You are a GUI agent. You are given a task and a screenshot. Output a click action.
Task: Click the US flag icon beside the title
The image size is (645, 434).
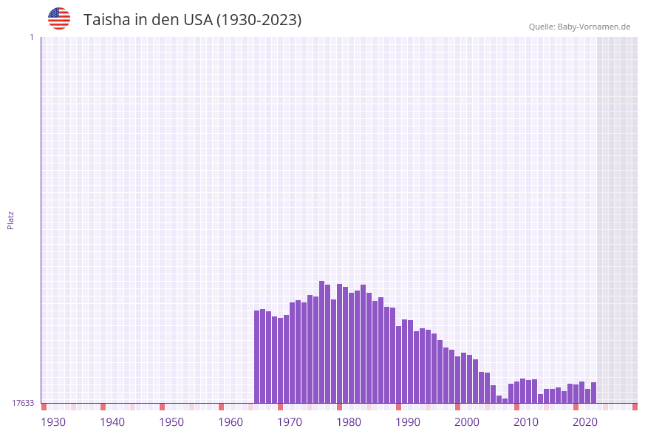[59, 18]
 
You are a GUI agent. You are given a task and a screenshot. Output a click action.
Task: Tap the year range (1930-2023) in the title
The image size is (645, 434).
[259, 20]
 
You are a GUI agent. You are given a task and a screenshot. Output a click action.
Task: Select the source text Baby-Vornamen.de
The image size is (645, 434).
[594, 27]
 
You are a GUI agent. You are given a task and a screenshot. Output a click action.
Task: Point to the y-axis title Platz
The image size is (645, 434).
[11, 220]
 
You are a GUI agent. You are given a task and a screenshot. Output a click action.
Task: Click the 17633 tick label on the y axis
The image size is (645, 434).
[23, 403]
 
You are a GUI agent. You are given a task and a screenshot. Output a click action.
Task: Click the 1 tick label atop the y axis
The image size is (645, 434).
[31, 37]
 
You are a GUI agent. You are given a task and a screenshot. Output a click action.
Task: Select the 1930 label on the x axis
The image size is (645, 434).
[53, 422]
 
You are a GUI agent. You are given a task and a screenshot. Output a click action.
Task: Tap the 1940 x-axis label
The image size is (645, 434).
[112, 422]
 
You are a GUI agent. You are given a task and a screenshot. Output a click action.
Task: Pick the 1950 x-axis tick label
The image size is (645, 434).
[171, 422]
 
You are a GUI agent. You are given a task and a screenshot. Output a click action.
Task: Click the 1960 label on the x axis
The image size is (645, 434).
[231, 422]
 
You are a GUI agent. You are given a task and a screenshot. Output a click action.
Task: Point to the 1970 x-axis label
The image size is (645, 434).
[290, 422]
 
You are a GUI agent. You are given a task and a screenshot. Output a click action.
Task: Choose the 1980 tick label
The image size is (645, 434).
[349, 422]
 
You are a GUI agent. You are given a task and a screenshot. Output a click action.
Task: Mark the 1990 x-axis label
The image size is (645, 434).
[408, 422]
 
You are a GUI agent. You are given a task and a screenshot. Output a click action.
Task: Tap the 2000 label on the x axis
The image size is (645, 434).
[467, 422]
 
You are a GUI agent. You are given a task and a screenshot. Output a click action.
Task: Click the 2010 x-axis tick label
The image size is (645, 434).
[526, 422]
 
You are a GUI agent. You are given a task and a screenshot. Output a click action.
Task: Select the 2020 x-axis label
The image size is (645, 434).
[585, 422]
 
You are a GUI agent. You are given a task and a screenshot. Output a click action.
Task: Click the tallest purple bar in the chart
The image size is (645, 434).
[322, 342]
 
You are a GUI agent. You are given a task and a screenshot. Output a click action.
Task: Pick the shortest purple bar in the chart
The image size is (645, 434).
[505, 401]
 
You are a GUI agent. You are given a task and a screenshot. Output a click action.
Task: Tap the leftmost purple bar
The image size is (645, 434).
[257, 356]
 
